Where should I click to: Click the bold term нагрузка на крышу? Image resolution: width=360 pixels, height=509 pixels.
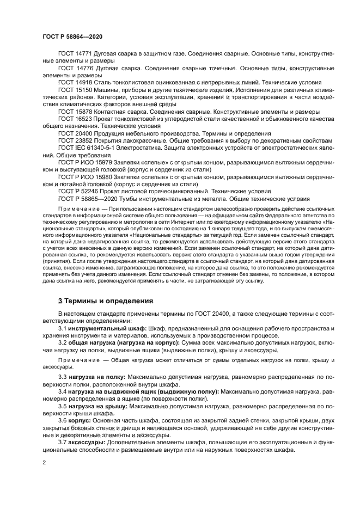pos(98,406)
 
